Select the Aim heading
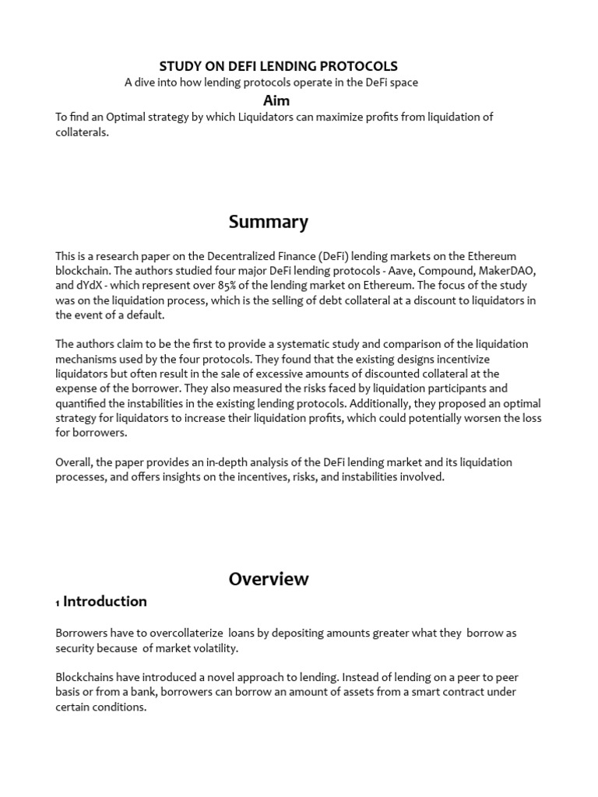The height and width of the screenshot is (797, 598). (x=276, y=100)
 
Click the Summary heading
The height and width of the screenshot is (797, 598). (x=269, y=222)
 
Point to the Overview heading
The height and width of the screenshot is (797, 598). (x=269, y=579)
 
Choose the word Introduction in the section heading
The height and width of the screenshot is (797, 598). (x=105, y=602)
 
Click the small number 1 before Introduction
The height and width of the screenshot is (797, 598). (x=58, y=603)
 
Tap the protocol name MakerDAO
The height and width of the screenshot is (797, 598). (x=508, y=271)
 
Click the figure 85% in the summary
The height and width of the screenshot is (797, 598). (x=241, y=286)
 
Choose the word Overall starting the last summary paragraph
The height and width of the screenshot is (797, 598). (x=74, y=462)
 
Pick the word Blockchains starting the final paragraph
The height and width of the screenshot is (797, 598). (x=86, y=677)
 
